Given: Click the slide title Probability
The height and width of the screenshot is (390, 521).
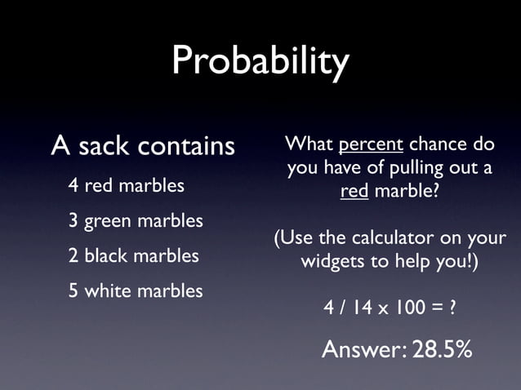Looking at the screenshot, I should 260,61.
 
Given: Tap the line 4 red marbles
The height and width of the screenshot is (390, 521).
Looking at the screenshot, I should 126,186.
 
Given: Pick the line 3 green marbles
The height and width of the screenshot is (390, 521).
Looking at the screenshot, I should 136,221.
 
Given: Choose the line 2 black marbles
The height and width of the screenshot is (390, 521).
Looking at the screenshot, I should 133,255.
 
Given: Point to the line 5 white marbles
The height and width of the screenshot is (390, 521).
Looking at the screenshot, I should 136,290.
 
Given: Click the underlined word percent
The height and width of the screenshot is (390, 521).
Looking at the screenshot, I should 370,145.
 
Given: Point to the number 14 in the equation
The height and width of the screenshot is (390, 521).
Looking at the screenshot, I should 364,310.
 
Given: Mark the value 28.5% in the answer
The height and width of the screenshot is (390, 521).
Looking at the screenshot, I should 442,349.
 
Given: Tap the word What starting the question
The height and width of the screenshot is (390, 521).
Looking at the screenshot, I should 308,145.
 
